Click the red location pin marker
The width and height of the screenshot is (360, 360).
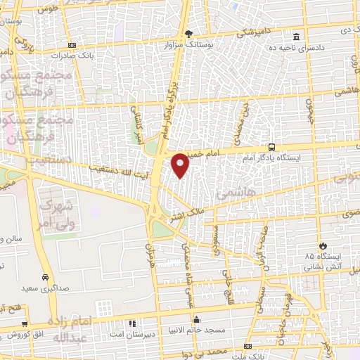click(181, 165)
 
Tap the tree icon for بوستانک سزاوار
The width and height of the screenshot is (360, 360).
click(188, 33)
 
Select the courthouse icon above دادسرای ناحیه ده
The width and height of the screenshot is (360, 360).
click(296, 36)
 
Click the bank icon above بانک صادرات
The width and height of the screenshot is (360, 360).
click(72, 45)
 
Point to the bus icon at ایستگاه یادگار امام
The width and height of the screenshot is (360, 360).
click(271, 148)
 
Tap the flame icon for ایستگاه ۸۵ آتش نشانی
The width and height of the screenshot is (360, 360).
click(323, 245)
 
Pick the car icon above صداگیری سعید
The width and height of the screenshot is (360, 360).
click(46, 277)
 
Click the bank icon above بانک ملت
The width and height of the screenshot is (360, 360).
click(247, 347)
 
